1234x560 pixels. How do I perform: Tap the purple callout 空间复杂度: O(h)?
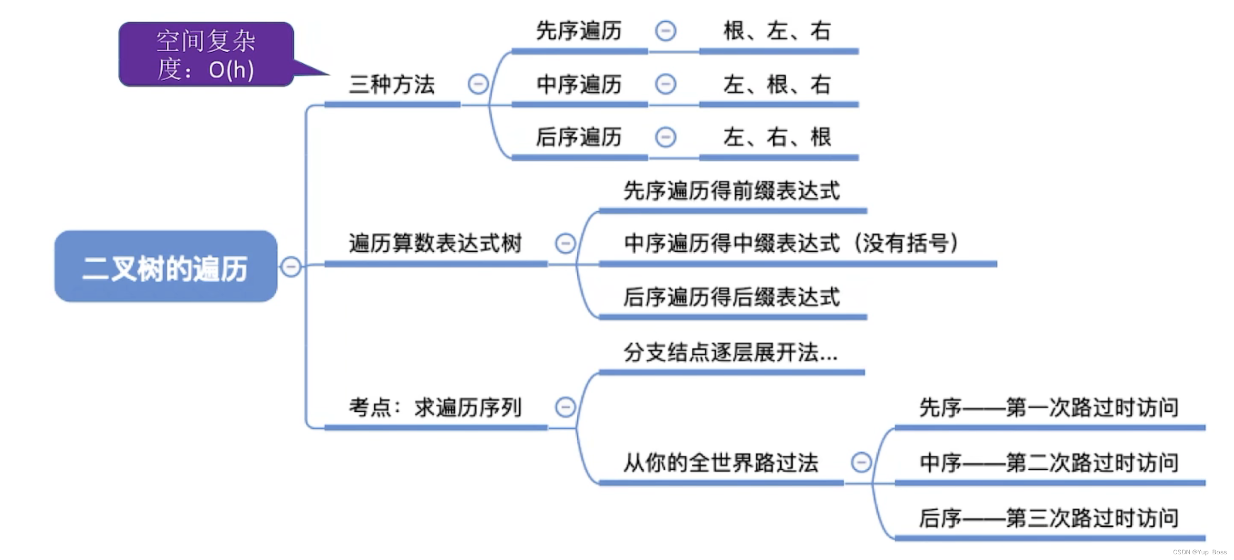(206, 55)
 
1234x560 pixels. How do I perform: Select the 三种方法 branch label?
(392, 85)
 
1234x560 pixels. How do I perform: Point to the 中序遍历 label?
(579, 85)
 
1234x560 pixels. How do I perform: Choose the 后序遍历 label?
(579, 137)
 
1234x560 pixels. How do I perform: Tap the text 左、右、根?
(777, 137)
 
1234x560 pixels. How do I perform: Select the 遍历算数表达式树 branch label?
(435, 243)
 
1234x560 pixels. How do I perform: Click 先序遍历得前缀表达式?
(731, 190)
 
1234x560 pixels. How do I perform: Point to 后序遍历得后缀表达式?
(731, 297)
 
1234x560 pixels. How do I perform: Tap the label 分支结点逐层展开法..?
(730, 353)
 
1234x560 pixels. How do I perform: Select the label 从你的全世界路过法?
(721, 463)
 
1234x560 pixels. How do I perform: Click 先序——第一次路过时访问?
(1049, 408)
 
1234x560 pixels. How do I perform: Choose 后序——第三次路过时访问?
(1049, 518)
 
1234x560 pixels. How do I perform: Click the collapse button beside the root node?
(291, 266)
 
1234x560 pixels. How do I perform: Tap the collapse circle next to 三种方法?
(477, 84)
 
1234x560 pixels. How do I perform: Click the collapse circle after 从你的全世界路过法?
(861, 462)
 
